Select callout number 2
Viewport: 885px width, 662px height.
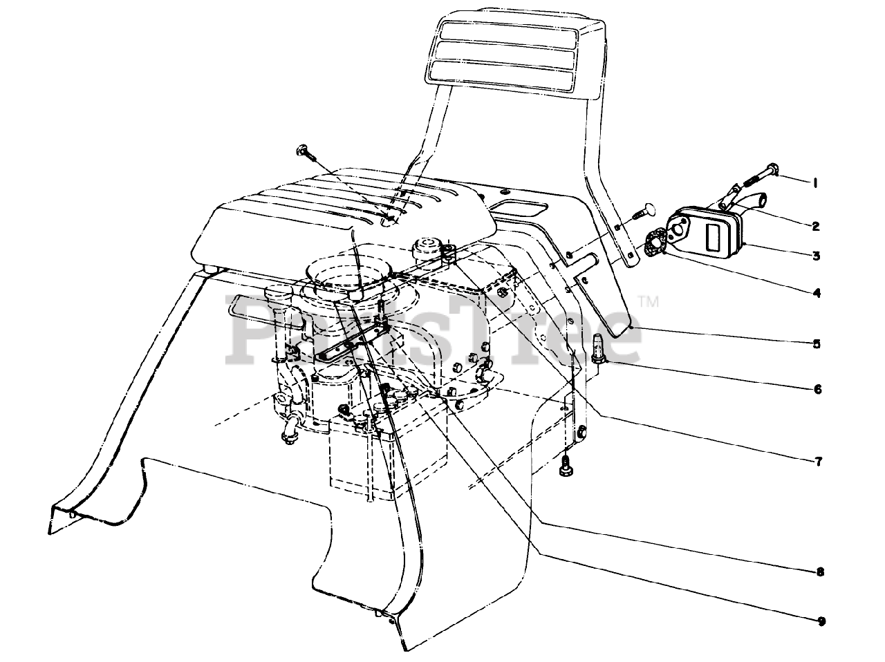point(816,226)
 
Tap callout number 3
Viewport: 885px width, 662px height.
point(817,256)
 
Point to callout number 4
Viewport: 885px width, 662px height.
point(817,293)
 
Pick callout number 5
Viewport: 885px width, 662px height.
point(817,343)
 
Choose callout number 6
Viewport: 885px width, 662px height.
point(817,389)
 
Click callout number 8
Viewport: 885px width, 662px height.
point(820,571)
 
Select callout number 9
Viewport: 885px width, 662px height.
point(821,621)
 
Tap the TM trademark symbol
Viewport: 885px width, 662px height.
point(649,301)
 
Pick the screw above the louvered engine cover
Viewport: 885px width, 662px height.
point(304,150)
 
